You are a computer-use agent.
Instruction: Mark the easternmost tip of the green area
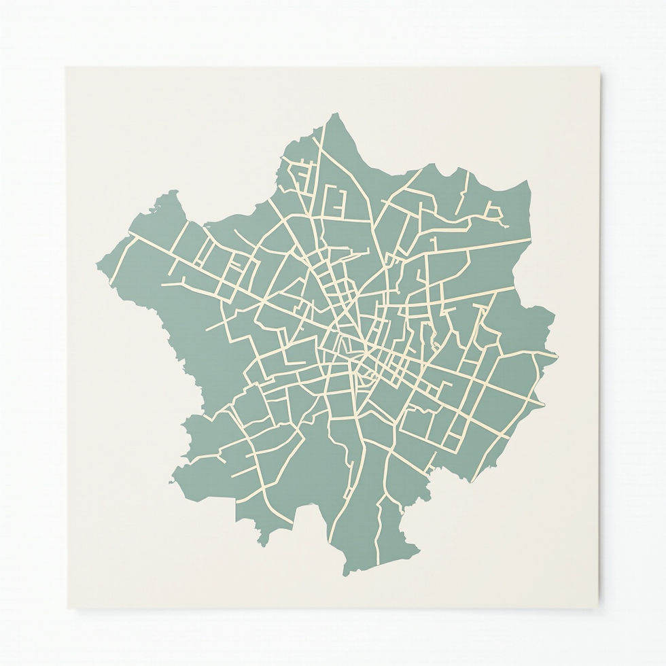[557, 355]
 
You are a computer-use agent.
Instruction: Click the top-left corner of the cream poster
[67, 67]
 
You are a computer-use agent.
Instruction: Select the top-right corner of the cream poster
[600, 67]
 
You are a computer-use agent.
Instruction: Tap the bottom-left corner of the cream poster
[67, 607]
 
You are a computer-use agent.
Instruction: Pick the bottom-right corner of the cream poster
[601, 607]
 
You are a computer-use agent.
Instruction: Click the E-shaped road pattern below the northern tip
[337, 201]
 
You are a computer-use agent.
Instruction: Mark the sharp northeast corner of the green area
[528, 181]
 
